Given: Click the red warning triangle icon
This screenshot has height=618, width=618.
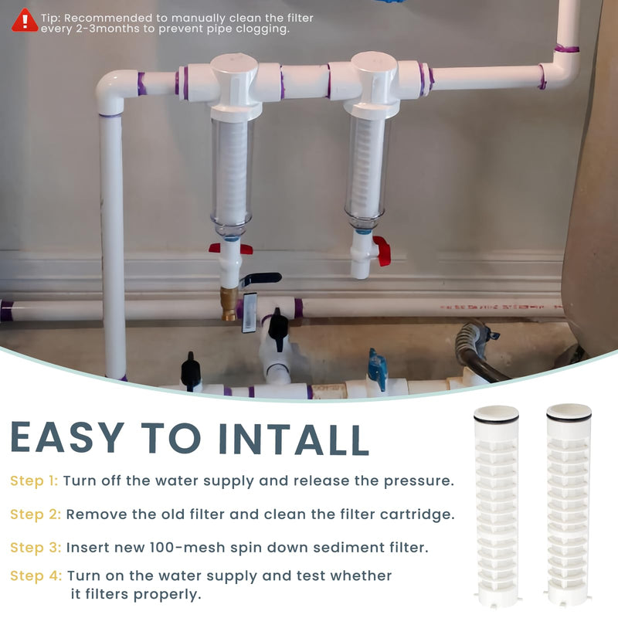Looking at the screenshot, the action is [x=25, y=21].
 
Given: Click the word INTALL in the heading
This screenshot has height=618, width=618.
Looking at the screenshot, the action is [x=294, y=439].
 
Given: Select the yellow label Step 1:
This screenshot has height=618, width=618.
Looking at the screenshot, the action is [x=34, y=480].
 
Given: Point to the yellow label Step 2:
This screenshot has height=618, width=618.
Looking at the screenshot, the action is [x=36, y=514].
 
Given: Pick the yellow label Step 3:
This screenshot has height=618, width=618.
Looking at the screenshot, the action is [x=36, y=548].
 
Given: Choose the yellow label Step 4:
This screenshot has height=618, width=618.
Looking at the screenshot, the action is [x=36, y=576].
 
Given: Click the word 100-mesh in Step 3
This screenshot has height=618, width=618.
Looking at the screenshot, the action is [x=187, y=548].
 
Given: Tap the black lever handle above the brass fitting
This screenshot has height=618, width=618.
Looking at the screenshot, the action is [x=260, y=278].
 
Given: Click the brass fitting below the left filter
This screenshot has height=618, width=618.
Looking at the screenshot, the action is [x=229, y=304].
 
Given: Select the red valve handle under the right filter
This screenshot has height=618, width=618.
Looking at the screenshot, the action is [x=382, y=250].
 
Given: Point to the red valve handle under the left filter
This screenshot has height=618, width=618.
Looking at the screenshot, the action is [x=230, y=248].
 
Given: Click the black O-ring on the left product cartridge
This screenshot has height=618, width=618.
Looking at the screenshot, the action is [x=496, y=419].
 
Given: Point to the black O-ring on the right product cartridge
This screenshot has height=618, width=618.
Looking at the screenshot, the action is [x=569, y=417].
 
